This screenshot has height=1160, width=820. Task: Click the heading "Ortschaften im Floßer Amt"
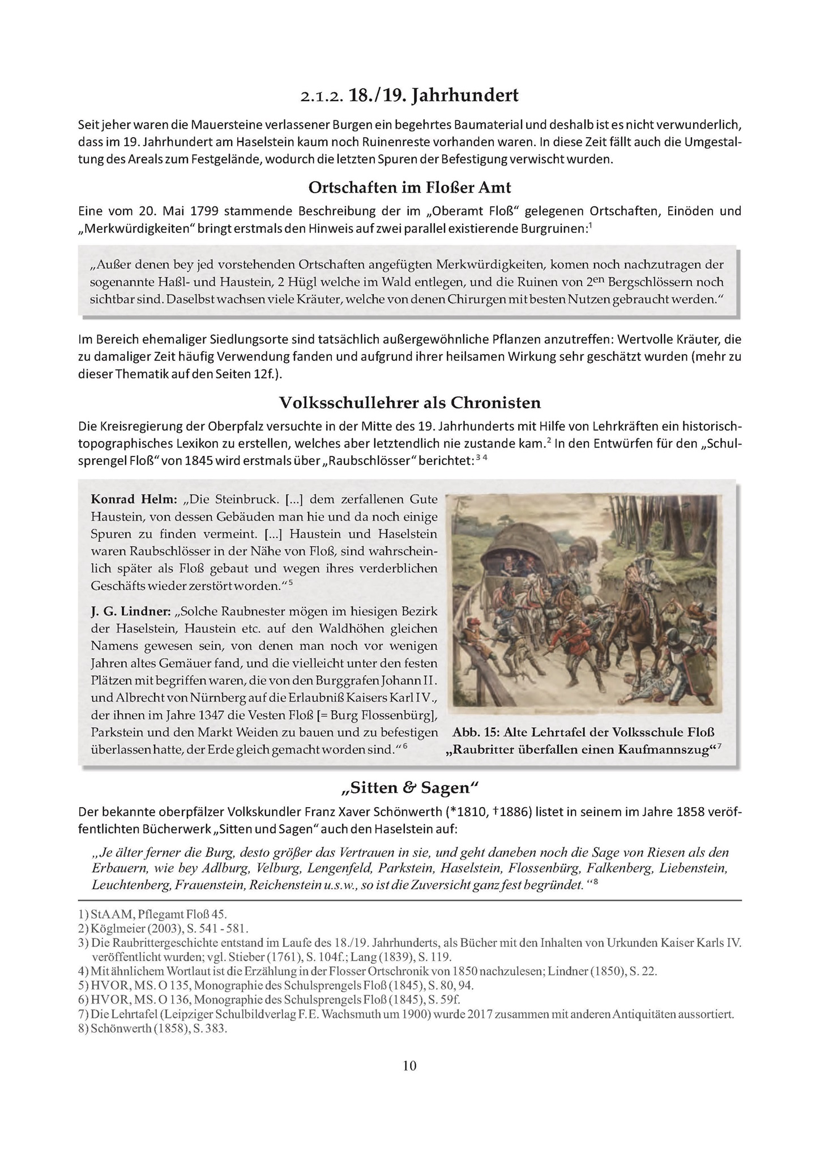click(x=409, y=187)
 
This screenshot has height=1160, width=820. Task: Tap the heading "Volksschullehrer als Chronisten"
click(x=409, y=403)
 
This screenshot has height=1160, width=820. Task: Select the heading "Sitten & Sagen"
click(x=409, y=787)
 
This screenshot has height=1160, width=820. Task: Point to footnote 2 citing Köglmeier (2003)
click(x=164, y=928)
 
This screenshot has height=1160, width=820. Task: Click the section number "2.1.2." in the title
click(x=322, y=96)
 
